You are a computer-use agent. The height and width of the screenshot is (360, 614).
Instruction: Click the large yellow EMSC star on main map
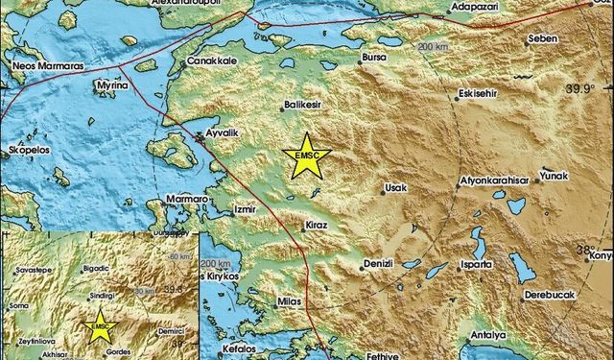point(309,157)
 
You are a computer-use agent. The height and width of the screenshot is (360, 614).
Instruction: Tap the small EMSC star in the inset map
point(100,327)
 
